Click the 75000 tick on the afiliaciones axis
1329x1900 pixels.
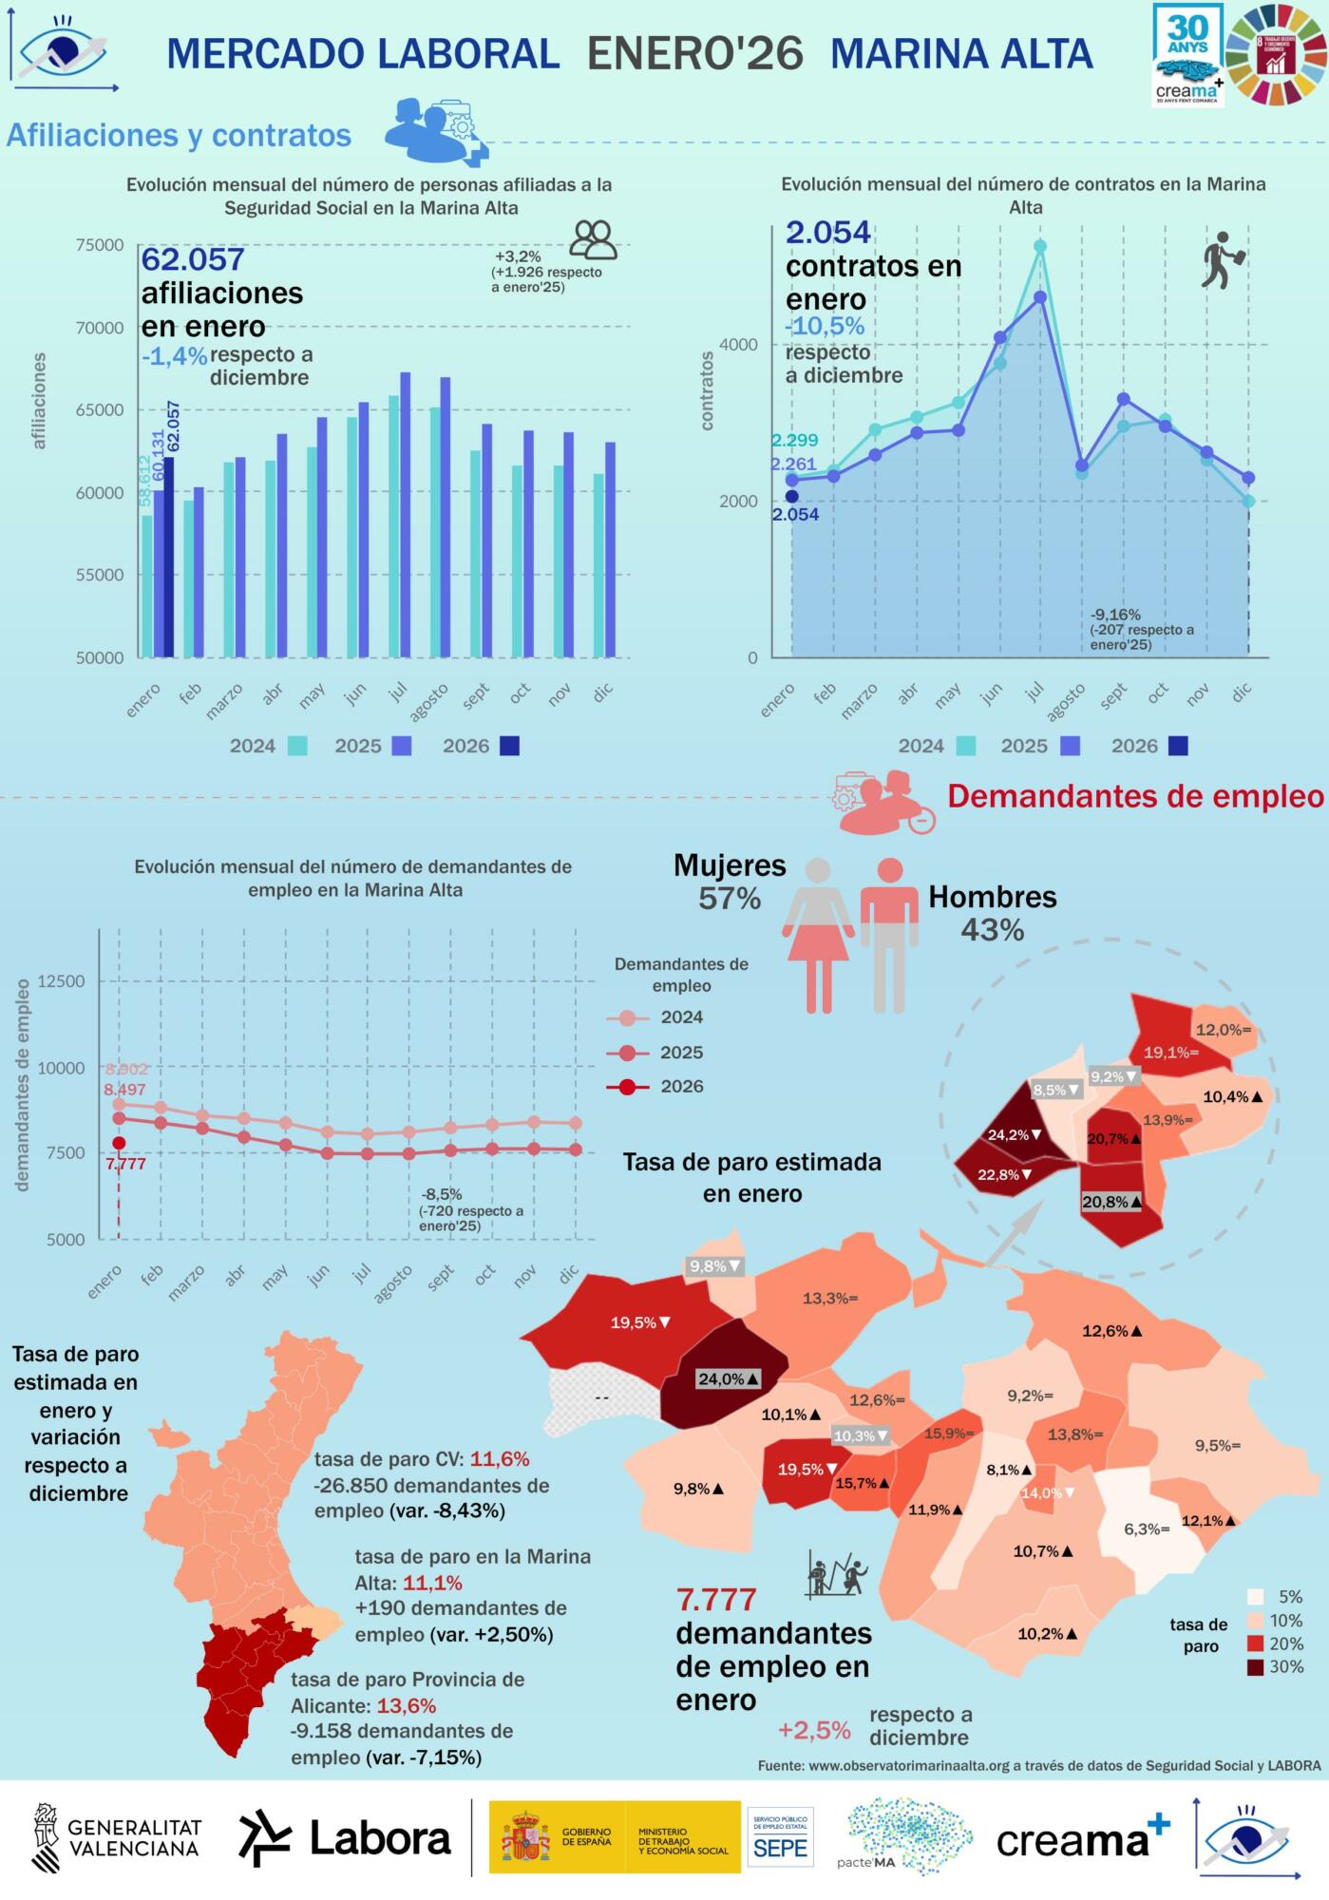click(x=100, y=245)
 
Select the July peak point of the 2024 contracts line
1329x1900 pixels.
click(x=1040, y=246)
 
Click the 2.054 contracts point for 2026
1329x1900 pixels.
click(x=791, y=496)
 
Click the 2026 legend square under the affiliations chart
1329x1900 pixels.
click(x=510, y=746)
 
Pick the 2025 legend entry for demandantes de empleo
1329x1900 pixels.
click(x=655, y=1053)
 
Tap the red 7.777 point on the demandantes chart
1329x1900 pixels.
click(x=119, y=1143)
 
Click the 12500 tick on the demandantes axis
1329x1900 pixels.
click(x=62, y=981)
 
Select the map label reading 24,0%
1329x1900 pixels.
click(x=729, y=1379)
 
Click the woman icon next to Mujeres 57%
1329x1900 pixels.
click(x=818, y=935)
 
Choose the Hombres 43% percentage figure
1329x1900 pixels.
click(x=992, y=930)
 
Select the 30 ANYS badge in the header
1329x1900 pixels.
click(x=1187, y=55)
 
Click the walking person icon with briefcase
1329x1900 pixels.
click(x=1219, y=260)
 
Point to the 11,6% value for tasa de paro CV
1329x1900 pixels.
click(x=500, y=1459)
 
